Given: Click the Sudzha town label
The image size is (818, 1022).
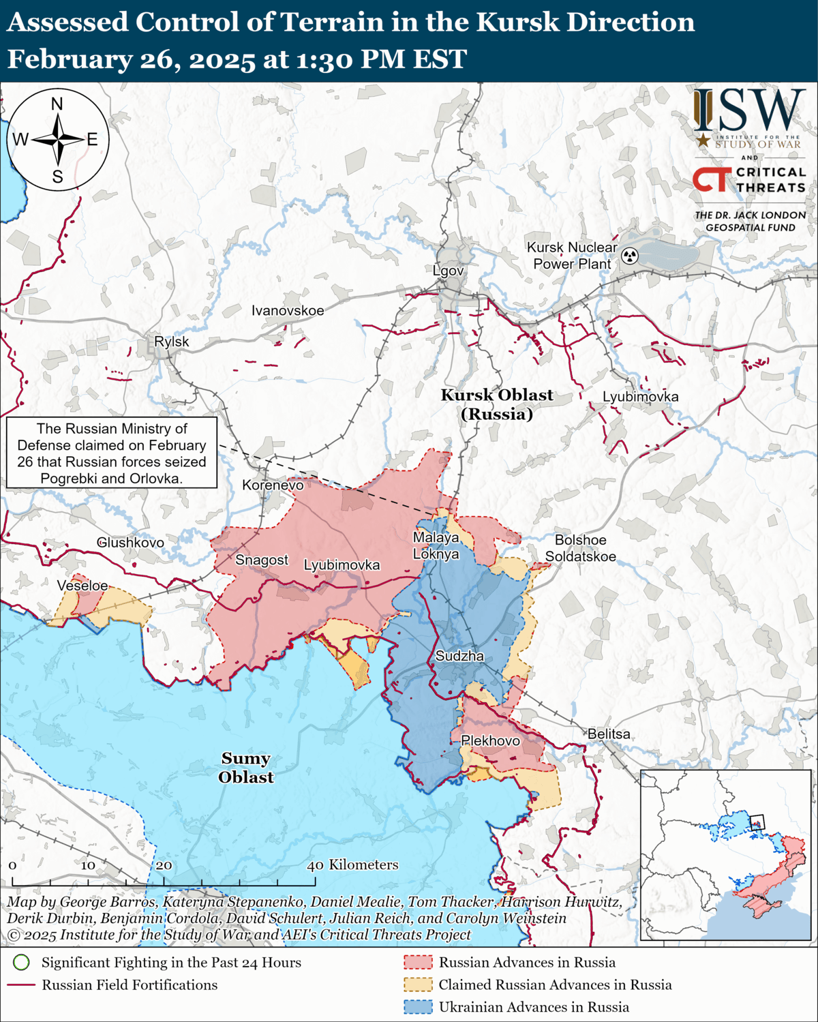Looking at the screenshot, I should (x=459, y=656).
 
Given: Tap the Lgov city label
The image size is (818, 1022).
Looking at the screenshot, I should (x=448, y=271).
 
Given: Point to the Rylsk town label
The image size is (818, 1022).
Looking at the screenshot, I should (x=171, y=342).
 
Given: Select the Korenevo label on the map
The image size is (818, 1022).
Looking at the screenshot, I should (x=273, y=485).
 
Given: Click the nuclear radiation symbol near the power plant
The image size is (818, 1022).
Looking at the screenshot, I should (x=630, y=256).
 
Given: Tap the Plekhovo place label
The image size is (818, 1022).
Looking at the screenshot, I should (x=490, y=740).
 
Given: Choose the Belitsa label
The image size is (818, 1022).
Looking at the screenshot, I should (x=609, y=734).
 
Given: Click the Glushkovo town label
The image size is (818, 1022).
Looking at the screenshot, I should (x=130, y=543).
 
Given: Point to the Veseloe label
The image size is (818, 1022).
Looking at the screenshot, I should (x=82, y=586).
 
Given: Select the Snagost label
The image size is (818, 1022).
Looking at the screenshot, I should (x=262, y=560).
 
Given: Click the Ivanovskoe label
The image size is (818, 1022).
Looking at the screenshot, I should (x=288, y=311).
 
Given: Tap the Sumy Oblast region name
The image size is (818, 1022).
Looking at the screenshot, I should (x=245, y=768).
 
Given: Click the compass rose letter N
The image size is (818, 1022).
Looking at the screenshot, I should (x=57, y=104).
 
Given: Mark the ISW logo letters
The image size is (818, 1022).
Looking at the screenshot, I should (x=750, y=110).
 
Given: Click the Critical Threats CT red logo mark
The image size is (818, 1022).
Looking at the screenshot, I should (x=712, y=179).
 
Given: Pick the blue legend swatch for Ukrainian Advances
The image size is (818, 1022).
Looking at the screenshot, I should (x=418, y=1006).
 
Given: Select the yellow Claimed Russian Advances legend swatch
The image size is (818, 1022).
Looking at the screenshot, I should (x=418, y=985).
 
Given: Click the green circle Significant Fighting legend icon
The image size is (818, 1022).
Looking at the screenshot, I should (x=22, y=962).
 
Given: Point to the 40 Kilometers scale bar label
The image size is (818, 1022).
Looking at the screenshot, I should (x=352, y=865).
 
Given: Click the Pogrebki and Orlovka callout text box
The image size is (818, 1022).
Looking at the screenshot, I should (x=112, y=453).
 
